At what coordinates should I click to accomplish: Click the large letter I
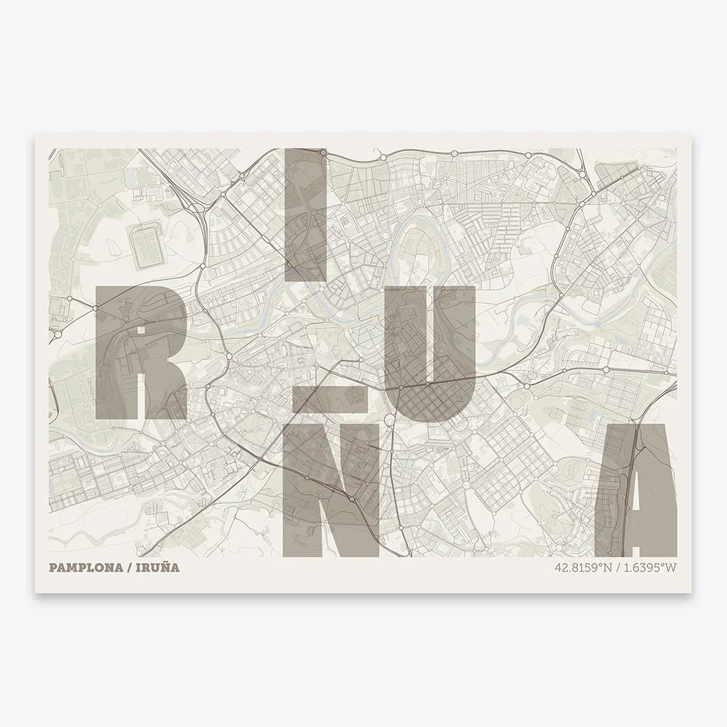pos(305,213)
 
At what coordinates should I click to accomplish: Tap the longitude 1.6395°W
pos(650,568)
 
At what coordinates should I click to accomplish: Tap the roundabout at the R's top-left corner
pos(95,308)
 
